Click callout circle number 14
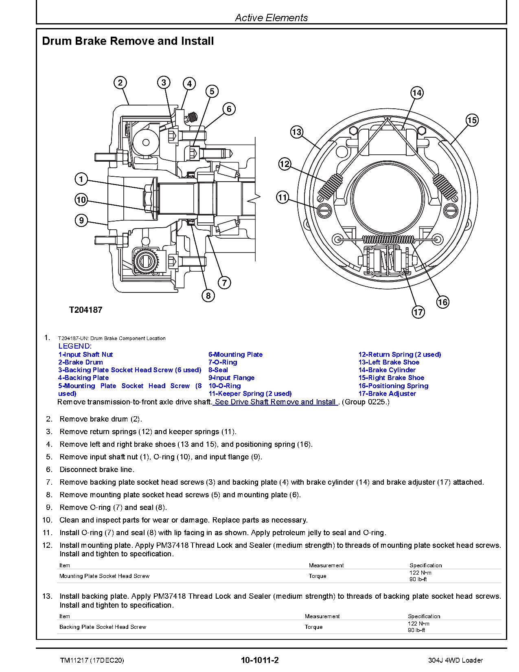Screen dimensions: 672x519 pyautogui.click(x=417, y=93)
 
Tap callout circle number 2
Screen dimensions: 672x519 pyautogui.click(x=120, y=83)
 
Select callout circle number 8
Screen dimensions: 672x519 pyautogui.click(x=208, y=296)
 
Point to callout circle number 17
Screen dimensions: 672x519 pyautogui.click(x=418, y=312)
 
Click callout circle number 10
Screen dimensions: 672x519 pyautogui.click(x=81, y=200)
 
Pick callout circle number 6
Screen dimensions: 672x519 pyautogui.click(x=229, y=109)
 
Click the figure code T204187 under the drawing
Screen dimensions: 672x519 pyautogui.click(x=85, y=310)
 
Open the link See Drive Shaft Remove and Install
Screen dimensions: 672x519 pyautogui.click(x=276, y=402)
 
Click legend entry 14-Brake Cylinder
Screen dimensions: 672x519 pyautogui.click(x=387, y=370)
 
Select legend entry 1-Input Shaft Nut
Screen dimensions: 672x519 pyautogui.click(x=85, y=354)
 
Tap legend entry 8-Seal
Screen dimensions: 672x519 pyautogui.click(x=218, y=370)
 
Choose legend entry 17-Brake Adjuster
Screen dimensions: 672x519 pyautogui.click(x=387, y=393)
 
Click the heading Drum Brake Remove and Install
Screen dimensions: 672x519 pyautogui.click(x=128, y=41)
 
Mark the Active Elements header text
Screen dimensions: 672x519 pyautogui.click(x=271, y=18)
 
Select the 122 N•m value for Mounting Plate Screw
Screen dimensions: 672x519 pyautogui.click(x=420, y=573)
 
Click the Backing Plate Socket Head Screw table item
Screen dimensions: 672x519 pyautogui.click(x=103, y=627)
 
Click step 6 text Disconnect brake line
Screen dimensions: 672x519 pyautogui.click(x=97, y=470)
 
